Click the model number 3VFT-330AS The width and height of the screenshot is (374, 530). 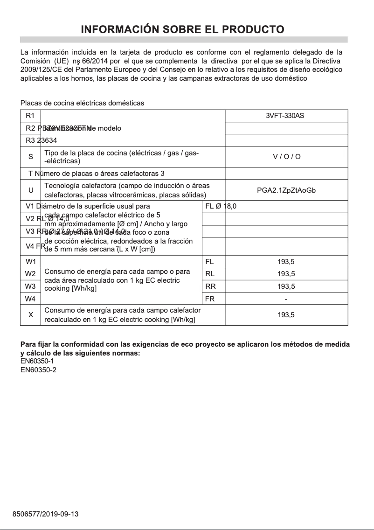click(x=284, y=116)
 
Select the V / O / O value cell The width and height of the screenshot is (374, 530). click(x=286, y=157)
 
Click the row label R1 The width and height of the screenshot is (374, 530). click(x=30, y=116)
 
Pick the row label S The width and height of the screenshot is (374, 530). click(x=31, y=157)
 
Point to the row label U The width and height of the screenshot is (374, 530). click(x=31, y=190)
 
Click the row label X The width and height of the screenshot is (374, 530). click(x=31, y=315)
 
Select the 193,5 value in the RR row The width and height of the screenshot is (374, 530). click(x=286, y=286)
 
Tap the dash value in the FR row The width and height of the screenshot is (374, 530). click(x=286, y=299)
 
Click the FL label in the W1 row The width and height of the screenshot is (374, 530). click(x=209, y=262)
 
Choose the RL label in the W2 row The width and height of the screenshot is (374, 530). click(x=210, y=274)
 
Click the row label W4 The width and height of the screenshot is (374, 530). click(x=30, y=299)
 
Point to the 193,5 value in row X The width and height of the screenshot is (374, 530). click(x=286, y=315)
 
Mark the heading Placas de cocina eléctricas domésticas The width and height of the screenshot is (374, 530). click(x=82, y=103)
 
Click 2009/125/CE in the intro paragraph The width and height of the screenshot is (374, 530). click(x=40, y=70)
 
